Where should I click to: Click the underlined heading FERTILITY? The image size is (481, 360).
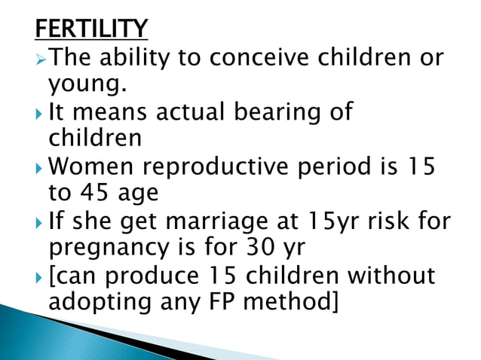point(91,29)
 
